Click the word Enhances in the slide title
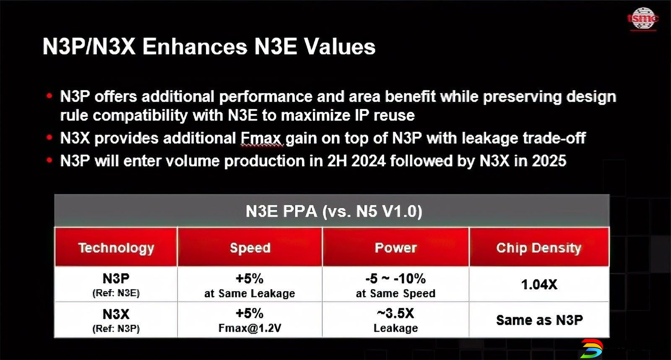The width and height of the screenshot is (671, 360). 195,47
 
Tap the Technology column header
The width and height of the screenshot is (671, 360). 116,247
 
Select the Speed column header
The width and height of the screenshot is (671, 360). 250,247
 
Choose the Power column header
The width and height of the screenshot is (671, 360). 396,247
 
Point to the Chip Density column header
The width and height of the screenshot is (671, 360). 539,247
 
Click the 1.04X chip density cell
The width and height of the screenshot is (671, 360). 539,284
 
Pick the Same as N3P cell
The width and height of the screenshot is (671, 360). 539,320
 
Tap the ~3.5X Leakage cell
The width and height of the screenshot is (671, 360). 396,320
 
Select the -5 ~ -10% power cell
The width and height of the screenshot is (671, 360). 396,284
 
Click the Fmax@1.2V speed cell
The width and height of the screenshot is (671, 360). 250,320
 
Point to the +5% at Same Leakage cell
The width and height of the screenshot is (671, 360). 250,284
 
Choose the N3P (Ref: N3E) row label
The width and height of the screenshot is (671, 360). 116,284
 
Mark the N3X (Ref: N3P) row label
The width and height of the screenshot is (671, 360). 116,320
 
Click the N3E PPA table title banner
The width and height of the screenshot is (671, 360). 332,211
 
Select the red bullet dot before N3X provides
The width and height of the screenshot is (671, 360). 49,138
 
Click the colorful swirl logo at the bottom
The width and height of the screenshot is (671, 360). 592,349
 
